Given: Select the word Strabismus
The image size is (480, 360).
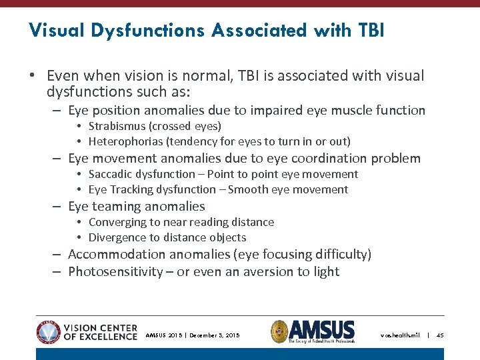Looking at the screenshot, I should click(x=117, y=126).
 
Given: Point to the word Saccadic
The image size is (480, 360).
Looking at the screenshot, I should click(x=111, y=174).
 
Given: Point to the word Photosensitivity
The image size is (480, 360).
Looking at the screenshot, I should click(x=115, y=271).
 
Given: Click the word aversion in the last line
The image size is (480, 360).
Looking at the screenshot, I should click(x=270, y=271).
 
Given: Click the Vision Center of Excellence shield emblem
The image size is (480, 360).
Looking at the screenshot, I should click(x=48, y=331).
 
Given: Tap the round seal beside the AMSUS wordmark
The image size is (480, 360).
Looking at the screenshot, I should click(x=279, y=331).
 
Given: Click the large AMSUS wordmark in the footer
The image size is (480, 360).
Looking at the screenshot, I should click(x=322, y=329).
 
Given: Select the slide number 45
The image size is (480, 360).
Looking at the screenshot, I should click(x=440, y=335).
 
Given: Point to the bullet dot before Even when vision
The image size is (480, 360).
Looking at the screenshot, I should click(x=32, y=76).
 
